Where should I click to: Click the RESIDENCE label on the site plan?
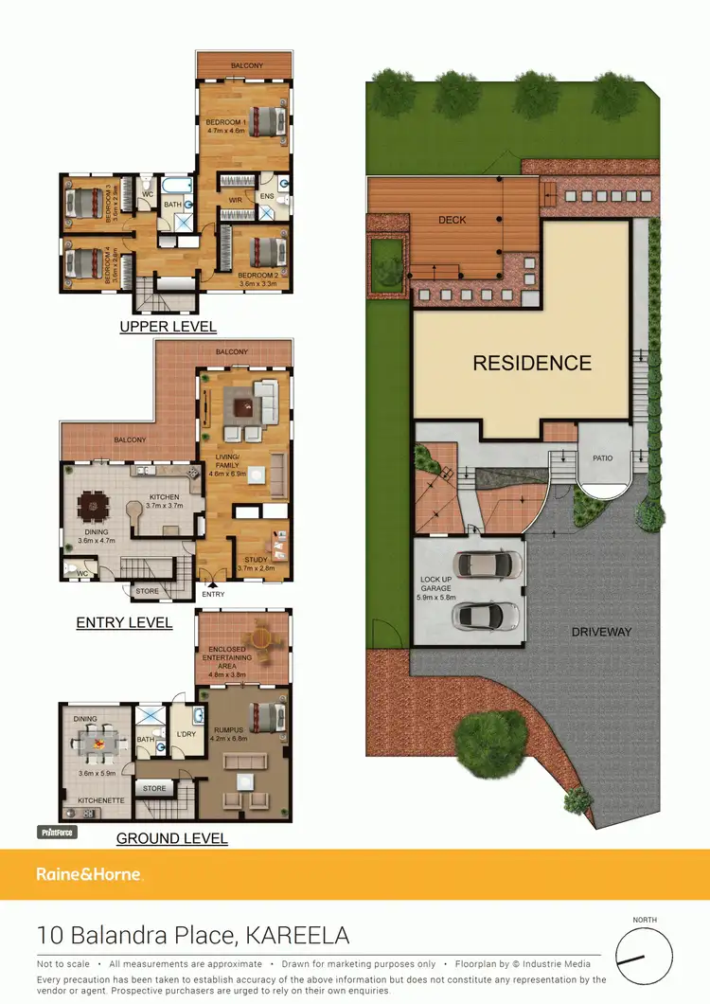coord(532,363)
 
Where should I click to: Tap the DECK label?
coord(452,220)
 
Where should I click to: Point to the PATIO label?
coord(603,458)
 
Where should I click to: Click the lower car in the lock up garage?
coord(485,616)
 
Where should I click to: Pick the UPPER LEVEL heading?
coord(168,327)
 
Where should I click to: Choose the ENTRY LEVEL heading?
coord(124,622)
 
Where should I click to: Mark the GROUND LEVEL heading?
coord(171,838)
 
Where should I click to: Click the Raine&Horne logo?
coord(89,874)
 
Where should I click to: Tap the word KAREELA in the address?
coord(297,936)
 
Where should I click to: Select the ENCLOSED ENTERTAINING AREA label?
coord(226,657)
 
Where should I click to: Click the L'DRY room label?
coord(186,735)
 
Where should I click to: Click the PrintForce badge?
coord(56,833)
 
